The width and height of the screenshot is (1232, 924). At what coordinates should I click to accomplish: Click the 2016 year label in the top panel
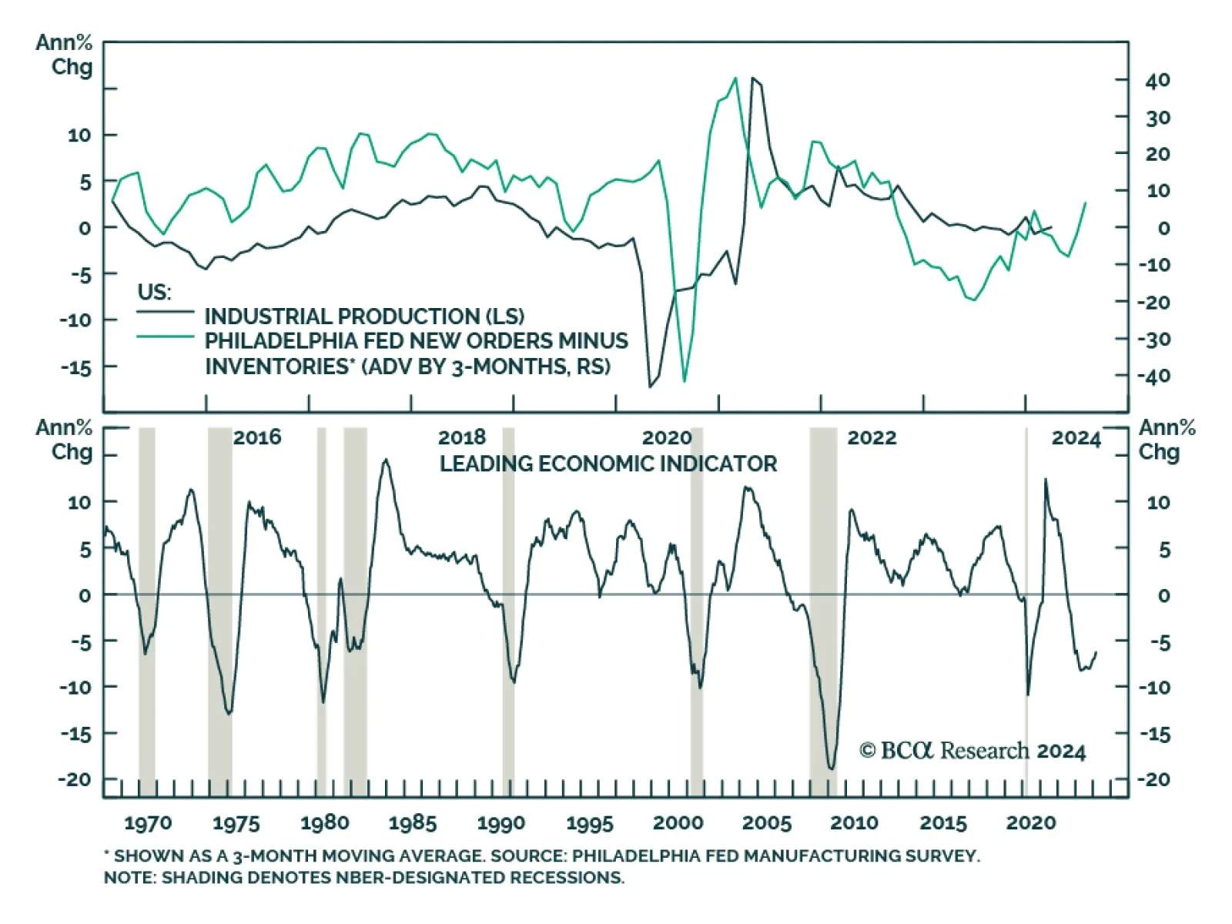click(x=257, y=437)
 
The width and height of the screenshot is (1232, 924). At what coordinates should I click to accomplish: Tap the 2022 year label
click(x=872, y=438)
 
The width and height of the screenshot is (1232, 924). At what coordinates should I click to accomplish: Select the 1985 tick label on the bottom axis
click(x=413, y=823)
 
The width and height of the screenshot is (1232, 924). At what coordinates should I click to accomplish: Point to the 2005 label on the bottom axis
click(x=766, y=823)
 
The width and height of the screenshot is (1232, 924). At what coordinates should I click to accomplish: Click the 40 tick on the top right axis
click(x=1157, y=80)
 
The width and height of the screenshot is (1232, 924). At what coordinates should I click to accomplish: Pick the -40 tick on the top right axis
click(x=1153, y=377)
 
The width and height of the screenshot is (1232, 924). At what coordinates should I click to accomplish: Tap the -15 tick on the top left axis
click(x=75, y=367)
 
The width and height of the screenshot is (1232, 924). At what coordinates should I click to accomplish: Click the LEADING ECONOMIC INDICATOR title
click(x=608, y=464)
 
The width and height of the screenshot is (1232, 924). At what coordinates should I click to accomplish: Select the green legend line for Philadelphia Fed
click(x=166, y=336)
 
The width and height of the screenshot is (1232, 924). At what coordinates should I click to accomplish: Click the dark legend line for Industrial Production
click(x=166, y=312)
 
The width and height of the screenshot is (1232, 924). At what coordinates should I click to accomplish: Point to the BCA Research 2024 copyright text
click(x=973, y=751)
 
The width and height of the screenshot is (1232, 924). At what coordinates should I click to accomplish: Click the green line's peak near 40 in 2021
click(x=735, y=78)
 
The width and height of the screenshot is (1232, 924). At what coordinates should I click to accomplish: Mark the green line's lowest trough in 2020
click(x=685, y=381)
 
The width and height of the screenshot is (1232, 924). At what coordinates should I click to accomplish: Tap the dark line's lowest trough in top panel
click(x=650, y=387)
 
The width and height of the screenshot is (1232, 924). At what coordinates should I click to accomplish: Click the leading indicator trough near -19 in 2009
click(x=831, y=768)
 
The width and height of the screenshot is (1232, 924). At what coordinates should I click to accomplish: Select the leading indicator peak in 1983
click(x=386, y=460)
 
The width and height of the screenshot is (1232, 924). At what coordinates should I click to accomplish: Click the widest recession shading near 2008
click(x=822, y=608)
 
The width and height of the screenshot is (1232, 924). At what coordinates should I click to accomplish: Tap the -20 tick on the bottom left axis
click(x=75, y=779)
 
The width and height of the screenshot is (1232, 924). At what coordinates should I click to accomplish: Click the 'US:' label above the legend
click(x=154, y=293)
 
